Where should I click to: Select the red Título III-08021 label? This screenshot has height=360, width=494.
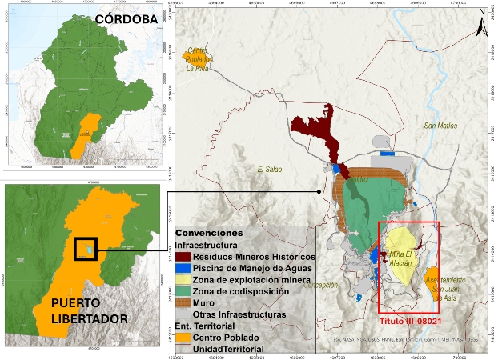(408, 318)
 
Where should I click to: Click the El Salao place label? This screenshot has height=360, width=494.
(271, 170)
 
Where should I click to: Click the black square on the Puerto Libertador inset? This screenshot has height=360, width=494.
(85, 249)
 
